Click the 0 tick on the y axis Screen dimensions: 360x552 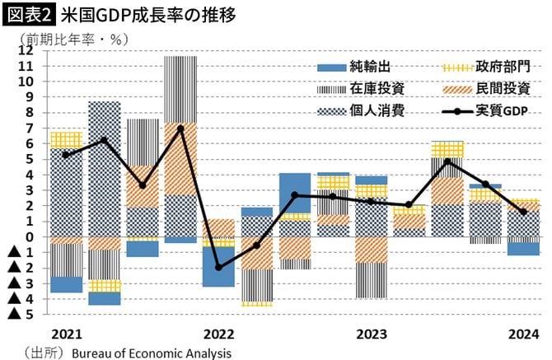point(29,236)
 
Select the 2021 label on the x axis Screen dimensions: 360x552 point(65,334)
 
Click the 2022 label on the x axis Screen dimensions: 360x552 point(218,334)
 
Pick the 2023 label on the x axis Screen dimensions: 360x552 point(372,334)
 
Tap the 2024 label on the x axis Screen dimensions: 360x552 point(524,334)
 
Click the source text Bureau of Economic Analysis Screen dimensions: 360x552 point(152,353)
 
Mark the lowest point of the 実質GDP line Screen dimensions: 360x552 point(218,267)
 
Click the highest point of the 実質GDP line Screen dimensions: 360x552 point(180,129)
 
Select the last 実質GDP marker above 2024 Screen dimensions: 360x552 point(524,212)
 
